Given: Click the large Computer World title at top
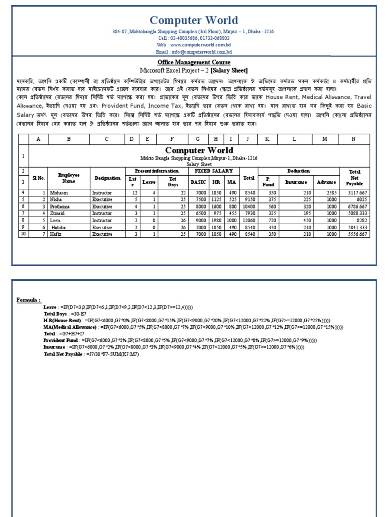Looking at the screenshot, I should coord(194,20).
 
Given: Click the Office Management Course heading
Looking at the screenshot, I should coord(193,63).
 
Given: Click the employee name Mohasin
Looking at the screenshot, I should coord(58,192).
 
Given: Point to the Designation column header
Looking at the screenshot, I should coord(107,178).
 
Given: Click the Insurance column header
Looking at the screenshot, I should coord(296,181).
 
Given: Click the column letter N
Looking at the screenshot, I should coord(353,139).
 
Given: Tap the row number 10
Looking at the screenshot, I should coord(23,235).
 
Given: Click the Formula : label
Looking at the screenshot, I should coord(28,300).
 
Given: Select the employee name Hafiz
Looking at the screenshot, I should coord(56,235).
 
